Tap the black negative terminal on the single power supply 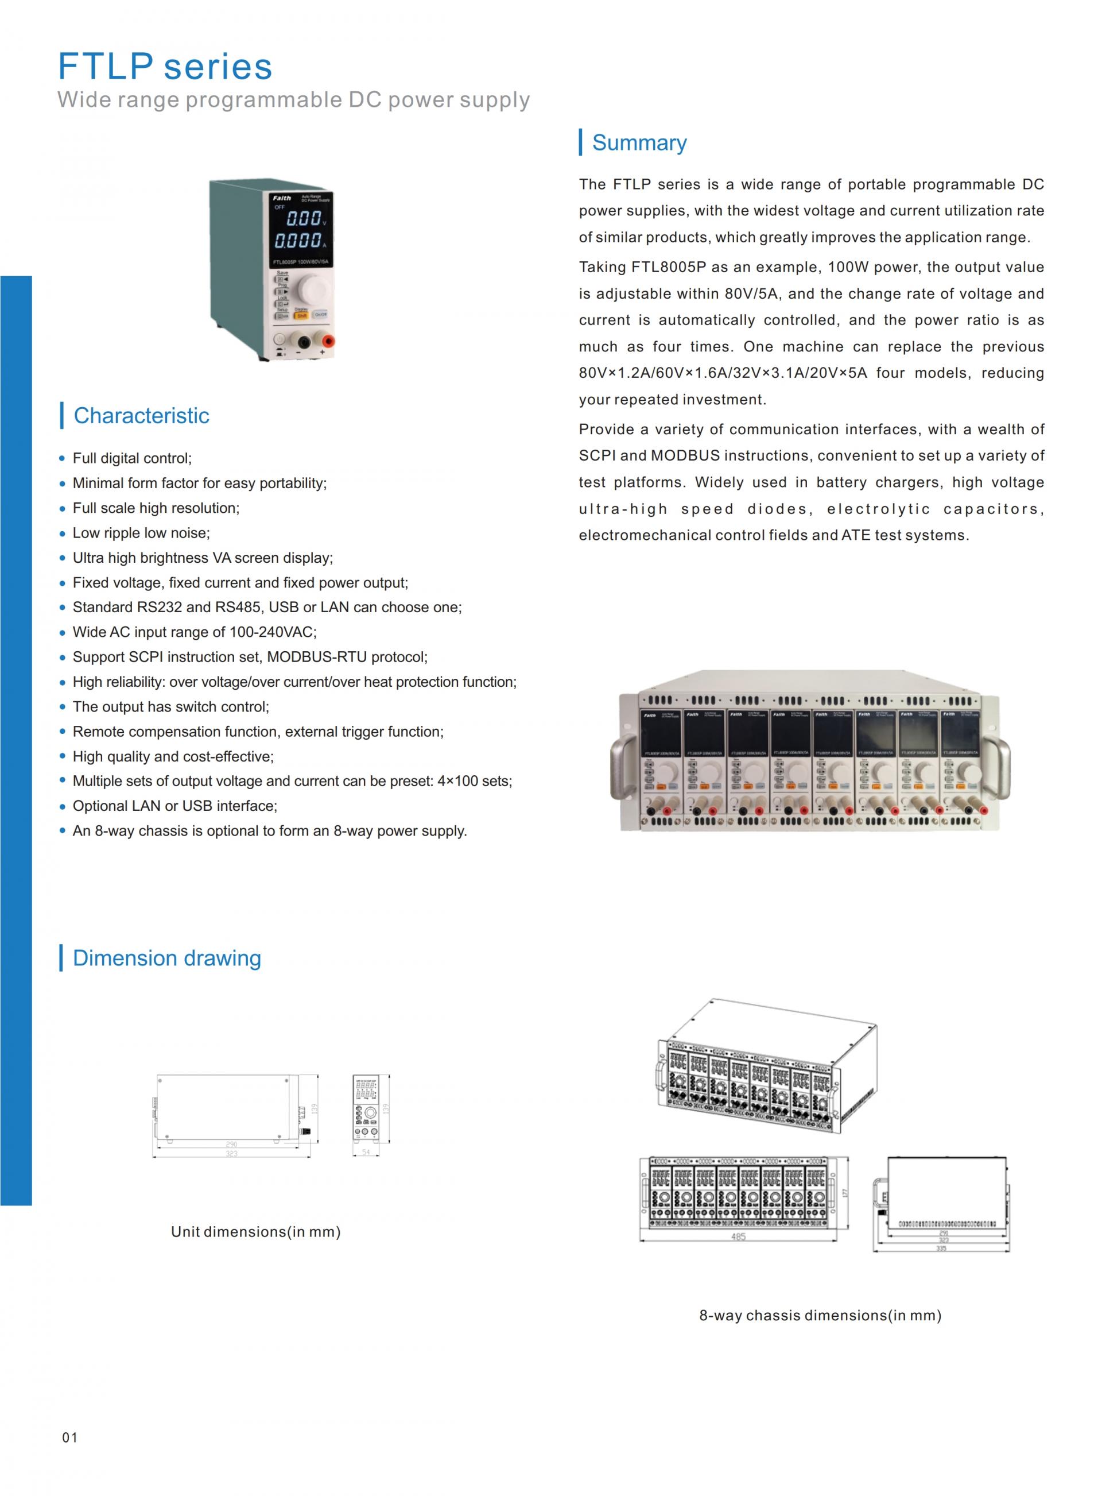(x=304, y=342)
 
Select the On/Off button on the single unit (x=321, y=314)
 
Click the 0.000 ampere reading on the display (x=298, y=240)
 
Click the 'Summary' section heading (x=639, y=143)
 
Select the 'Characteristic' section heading (x=141, y=416)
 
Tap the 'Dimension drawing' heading (x=167, y=958)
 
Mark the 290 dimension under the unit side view (x=231, y=1145)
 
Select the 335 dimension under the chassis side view (x=941, y=1248)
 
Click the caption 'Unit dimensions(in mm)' (x=255, y=1232)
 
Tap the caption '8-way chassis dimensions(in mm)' (x=820, y=1315)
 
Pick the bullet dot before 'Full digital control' (x=63, y=458)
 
